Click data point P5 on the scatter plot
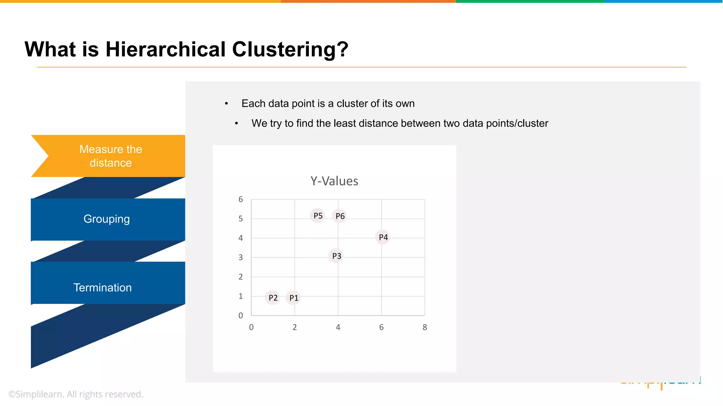317,215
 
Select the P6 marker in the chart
340,216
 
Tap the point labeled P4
383,237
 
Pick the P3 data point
336,256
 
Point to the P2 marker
273,298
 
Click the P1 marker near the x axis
293,298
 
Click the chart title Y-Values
334,181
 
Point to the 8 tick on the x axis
425,327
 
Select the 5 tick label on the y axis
241,219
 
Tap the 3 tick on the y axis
241,258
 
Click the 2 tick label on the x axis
294,327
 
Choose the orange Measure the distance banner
110,156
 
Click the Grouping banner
107,219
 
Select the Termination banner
102,288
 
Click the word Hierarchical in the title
166,49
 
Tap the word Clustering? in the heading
290,49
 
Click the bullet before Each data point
227,104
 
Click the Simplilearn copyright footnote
76,394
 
